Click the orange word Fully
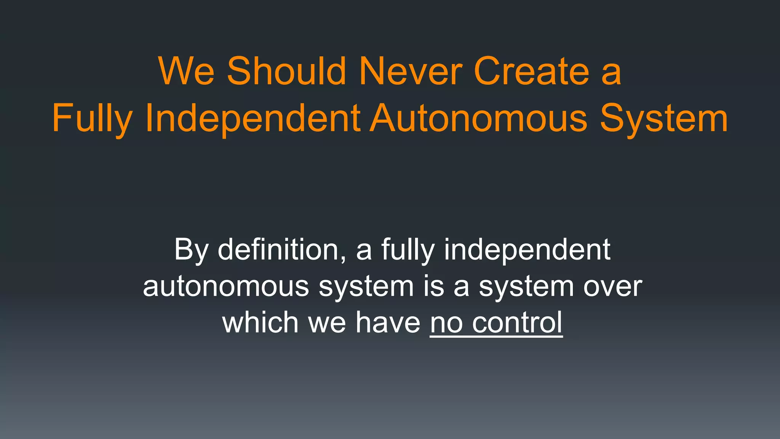click(92, 119)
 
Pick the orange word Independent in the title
click(253, 119)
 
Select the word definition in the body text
click(278, 250)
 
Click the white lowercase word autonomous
click(226, 287)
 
